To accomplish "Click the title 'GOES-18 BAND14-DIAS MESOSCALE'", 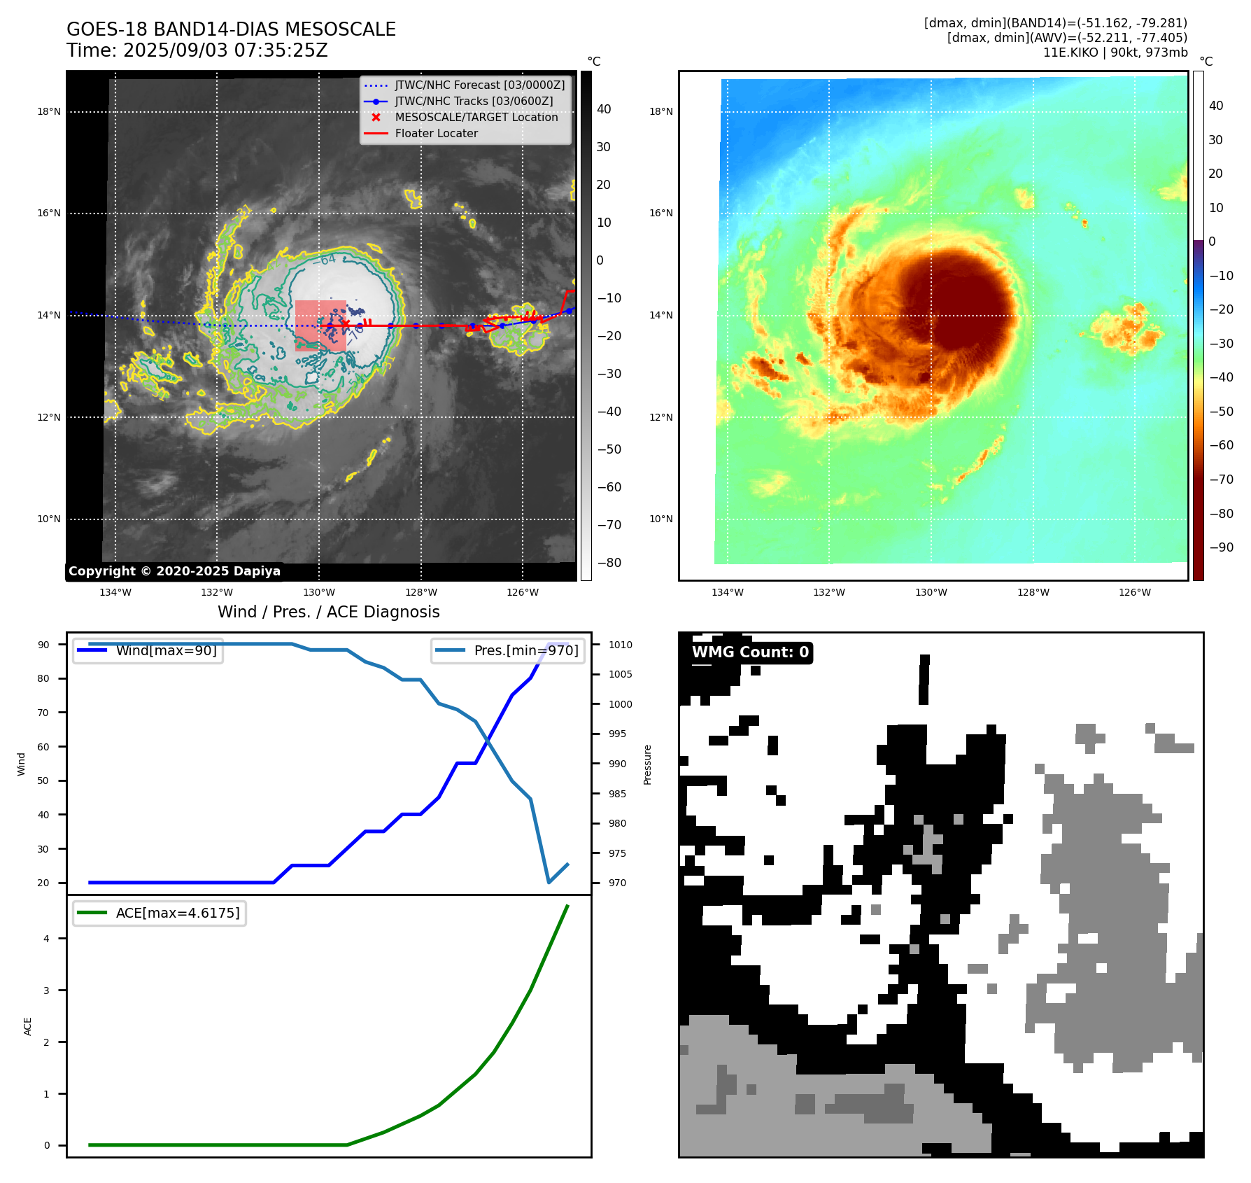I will coord(231,29).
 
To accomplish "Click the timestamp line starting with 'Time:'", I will coord(197,50).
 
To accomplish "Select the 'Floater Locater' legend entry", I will coord(436,134).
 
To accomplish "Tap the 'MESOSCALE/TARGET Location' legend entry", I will coord(476,118).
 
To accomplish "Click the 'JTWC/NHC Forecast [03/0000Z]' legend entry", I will coord(479,85).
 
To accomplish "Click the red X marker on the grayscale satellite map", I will coord(345,323).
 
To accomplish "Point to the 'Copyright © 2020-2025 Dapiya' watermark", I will coord(174,571).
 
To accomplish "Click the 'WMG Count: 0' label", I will coord(750,652).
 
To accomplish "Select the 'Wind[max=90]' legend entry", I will coord(166,650).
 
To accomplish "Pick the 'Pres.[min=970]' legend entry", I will coord(525,650).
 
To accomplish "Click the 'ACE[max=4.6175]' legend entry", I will coord(177,913).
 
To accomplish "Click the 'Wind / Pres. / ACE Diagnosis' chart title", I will coord(328,612).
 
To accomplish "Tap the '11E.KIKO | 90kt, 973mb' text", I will coord(1115,52).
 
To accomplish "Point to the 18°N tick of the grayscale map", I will coord(49,111).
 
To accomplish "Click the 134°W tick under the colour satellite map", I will coord(728,592).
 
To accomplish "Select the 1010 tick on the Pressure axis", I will coord(620,645).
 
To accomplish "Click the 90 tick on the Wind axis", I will coord(43,645).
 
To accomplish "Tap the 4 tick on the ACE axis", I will coord(47,939).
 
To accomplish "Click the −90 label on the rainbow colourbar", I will coord(1222,547).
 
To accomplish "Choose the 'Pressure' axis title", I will coord(648,764).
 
